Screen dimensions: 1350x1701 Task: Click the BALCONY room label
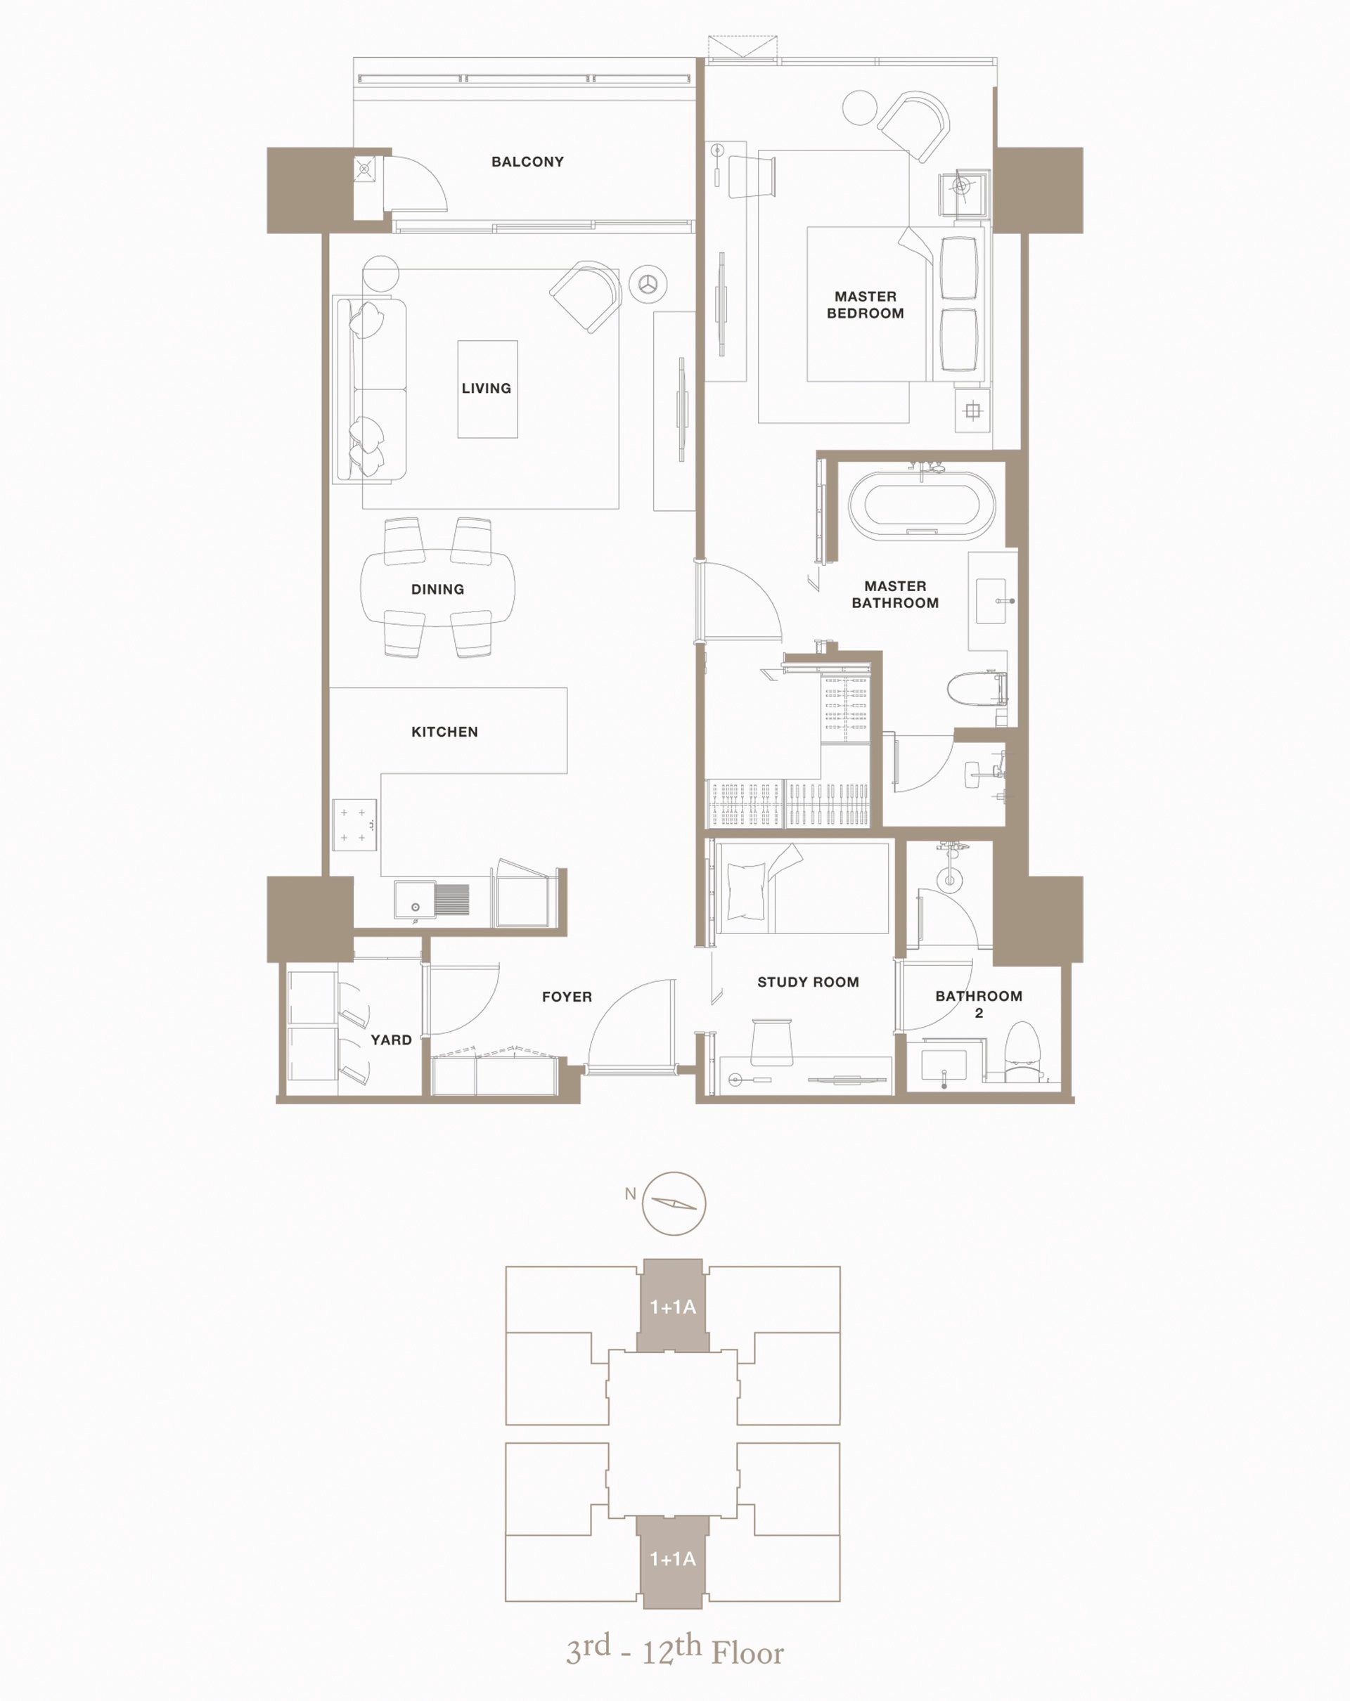[x=527, y=162]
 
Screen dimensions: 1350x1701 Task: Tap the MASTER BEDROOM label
[x=865, y=304]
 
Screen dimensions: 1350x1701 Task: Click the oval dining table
[x=437, y=588]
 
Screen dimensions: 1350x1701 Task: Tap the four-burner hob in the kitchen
[x=354, y=824]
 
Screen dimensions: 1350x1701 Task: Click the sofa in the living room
[x=371, y=389]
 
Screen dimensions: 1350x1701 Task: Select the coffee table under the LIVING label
[x=487, y=389]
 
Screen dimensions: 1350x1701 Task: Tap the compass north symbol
[x=673, y=1203]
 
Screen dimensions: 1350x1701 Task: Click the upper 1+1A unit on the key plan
[x=673, y=1306]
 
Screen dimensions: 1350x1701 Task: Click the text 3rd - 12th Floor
[x=674, y=1650]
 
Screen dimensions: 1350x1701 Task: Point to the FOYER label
[x=567, y=997]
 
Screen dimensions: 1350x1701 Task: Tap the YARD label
[x=392, y=1040]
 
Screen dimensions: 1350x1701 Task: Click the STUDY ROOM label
[x=808, y=982]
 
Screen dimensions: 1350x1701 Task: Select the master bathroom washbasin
[x=991, y=601]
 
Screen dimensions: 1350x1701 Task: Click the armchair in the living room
[x=586, y=296]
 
